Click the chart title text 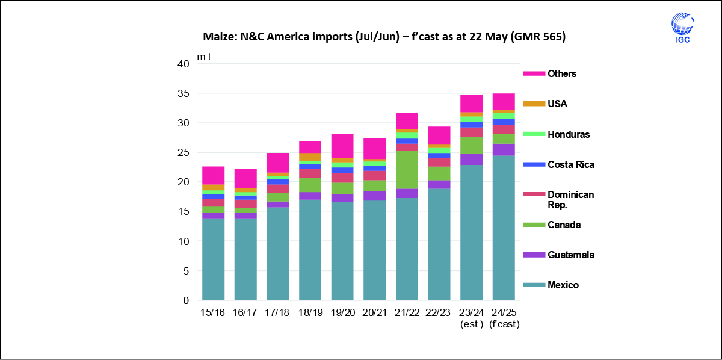(x=384, y=37)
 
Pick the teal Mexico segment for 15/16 (x=213, y=259)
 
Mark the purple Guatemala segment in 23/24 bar (x=471, y=160)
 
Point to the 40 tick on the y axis (x=184, y=64)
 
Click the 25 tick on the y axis (x=184, y=152)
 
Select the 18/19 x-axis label (x=310, y=312)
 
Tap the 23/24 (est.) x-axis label (x=471, y=318)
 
